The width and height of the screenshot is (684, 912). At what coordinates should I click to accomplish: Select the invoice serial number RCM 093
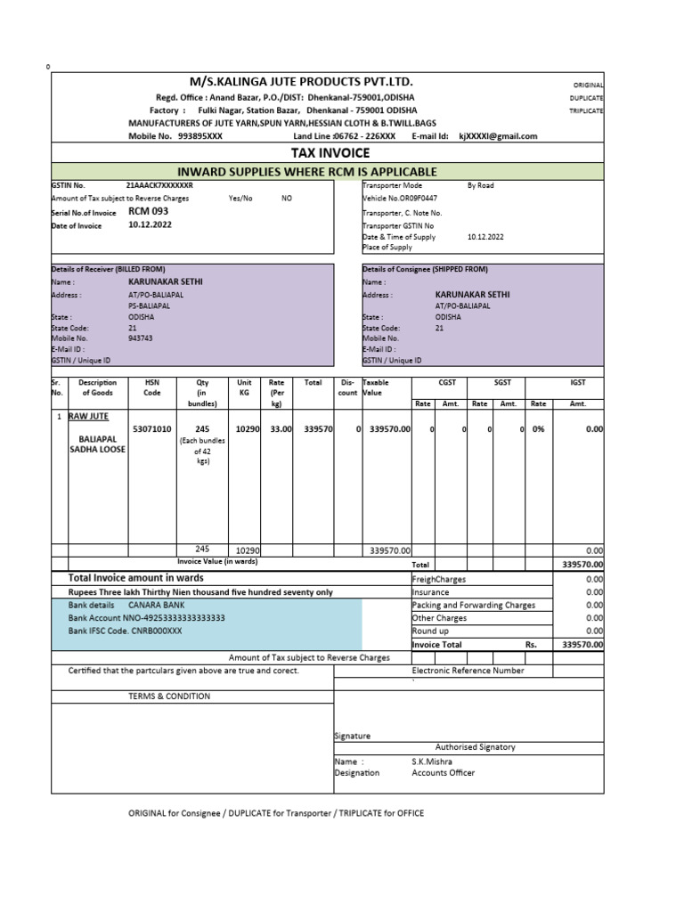tap(149, 211)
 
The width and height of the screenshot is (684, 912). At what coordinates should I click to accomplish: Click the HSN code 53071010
tap(152, 428)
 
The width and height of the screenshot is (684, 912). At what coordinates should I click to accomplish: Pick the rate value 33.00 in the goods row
tap(281, 428)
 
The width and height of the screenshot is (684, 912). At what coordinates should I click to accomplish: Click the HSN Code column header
tap(152, 387)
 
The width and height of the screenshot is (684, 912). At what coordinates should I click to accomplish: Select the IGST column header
tap(578, 382)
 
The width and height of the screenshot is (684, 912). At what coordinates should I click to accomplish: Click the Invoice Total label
tap(436, 644)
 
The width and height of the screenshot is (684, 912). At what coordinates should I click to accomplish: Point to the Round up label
tap(430, 631)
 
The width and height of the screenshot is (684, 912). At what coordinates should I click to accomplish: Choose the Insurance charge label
tap(430, 591)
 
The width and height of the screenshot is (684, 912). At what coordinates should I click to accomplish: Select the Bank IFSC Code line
tap(125, 631)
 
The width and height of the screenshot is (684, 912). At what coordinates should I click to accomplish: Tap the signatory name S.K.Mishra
tap(432, 761)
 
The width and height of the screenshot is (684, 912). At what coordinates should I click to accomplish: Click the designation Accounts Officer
tap(443, 772)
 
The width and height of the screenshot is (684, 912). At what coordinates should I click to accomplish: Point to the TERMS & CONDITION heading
tap(169, 696)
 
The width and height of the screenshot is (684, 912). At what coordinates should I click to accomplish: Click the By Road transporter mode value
tap(480, 185)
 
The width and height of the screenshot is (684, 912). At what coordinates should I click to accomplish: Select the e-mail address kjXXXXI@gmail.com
tap(498, 136)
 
